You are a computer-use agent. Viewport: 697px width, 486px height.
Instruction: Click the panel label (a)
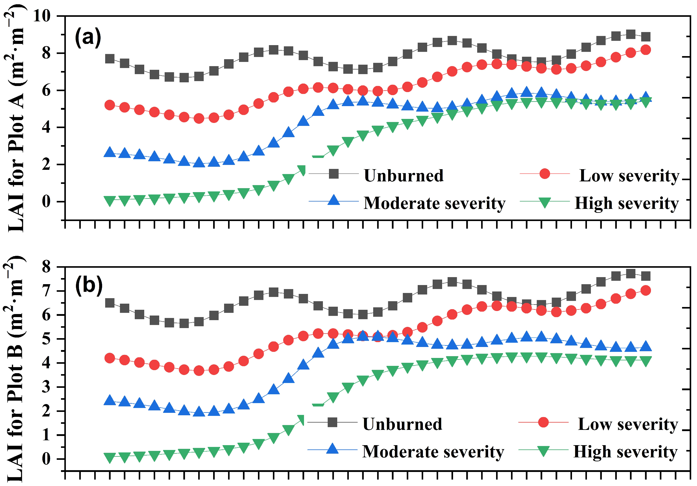tap(88, 37)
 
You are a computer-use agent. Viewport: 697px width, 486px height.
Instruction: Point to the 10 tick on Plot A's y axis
tap(42, 16)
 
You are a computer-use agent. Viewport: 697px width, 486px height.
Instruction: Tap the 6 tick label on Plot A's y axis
tap(46, 91)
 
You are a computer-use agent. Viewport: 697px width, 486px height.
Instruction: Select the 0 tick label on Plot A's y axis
tap(46, 202)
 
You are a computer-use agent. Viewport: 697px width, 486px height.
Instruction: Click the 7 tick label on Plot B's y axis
tap(46, 291)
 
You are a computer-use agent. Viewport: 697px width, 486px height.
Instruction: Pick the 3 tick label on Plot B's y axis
tap(46, 387)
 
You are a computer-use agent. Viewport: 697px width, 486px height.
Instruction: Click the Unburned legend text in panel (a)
tap(404, 176)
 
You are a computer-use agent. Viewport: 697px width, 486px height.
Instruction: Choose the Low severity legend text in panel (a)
tap(629, 176)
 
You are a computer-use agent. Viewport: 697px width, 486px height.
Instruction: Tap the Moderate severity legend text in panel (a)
tap(434, 203)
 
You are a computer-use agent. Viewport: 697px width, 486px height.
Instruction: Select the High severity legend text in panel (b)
tap(625, 452)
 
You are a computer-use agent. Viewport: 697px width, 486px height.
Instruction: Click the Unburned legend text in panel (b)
tap(402, 424)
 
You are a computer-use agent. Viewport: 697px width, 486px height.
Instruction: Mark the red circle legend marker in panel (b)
tap(543, 422)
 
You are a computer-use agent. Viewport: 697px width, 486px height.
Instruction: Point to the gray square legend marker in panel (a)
tap(334, 174)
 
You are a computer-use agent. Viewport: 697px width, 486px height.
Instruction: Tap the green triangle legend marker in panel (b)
tap(543, 451)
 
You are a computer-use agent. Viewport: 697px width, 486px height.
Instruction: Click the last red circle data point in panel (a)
tap(645, 50)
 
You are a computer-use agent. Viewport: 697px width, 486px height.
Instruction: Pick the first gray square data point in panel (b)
tap(110, 303)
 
